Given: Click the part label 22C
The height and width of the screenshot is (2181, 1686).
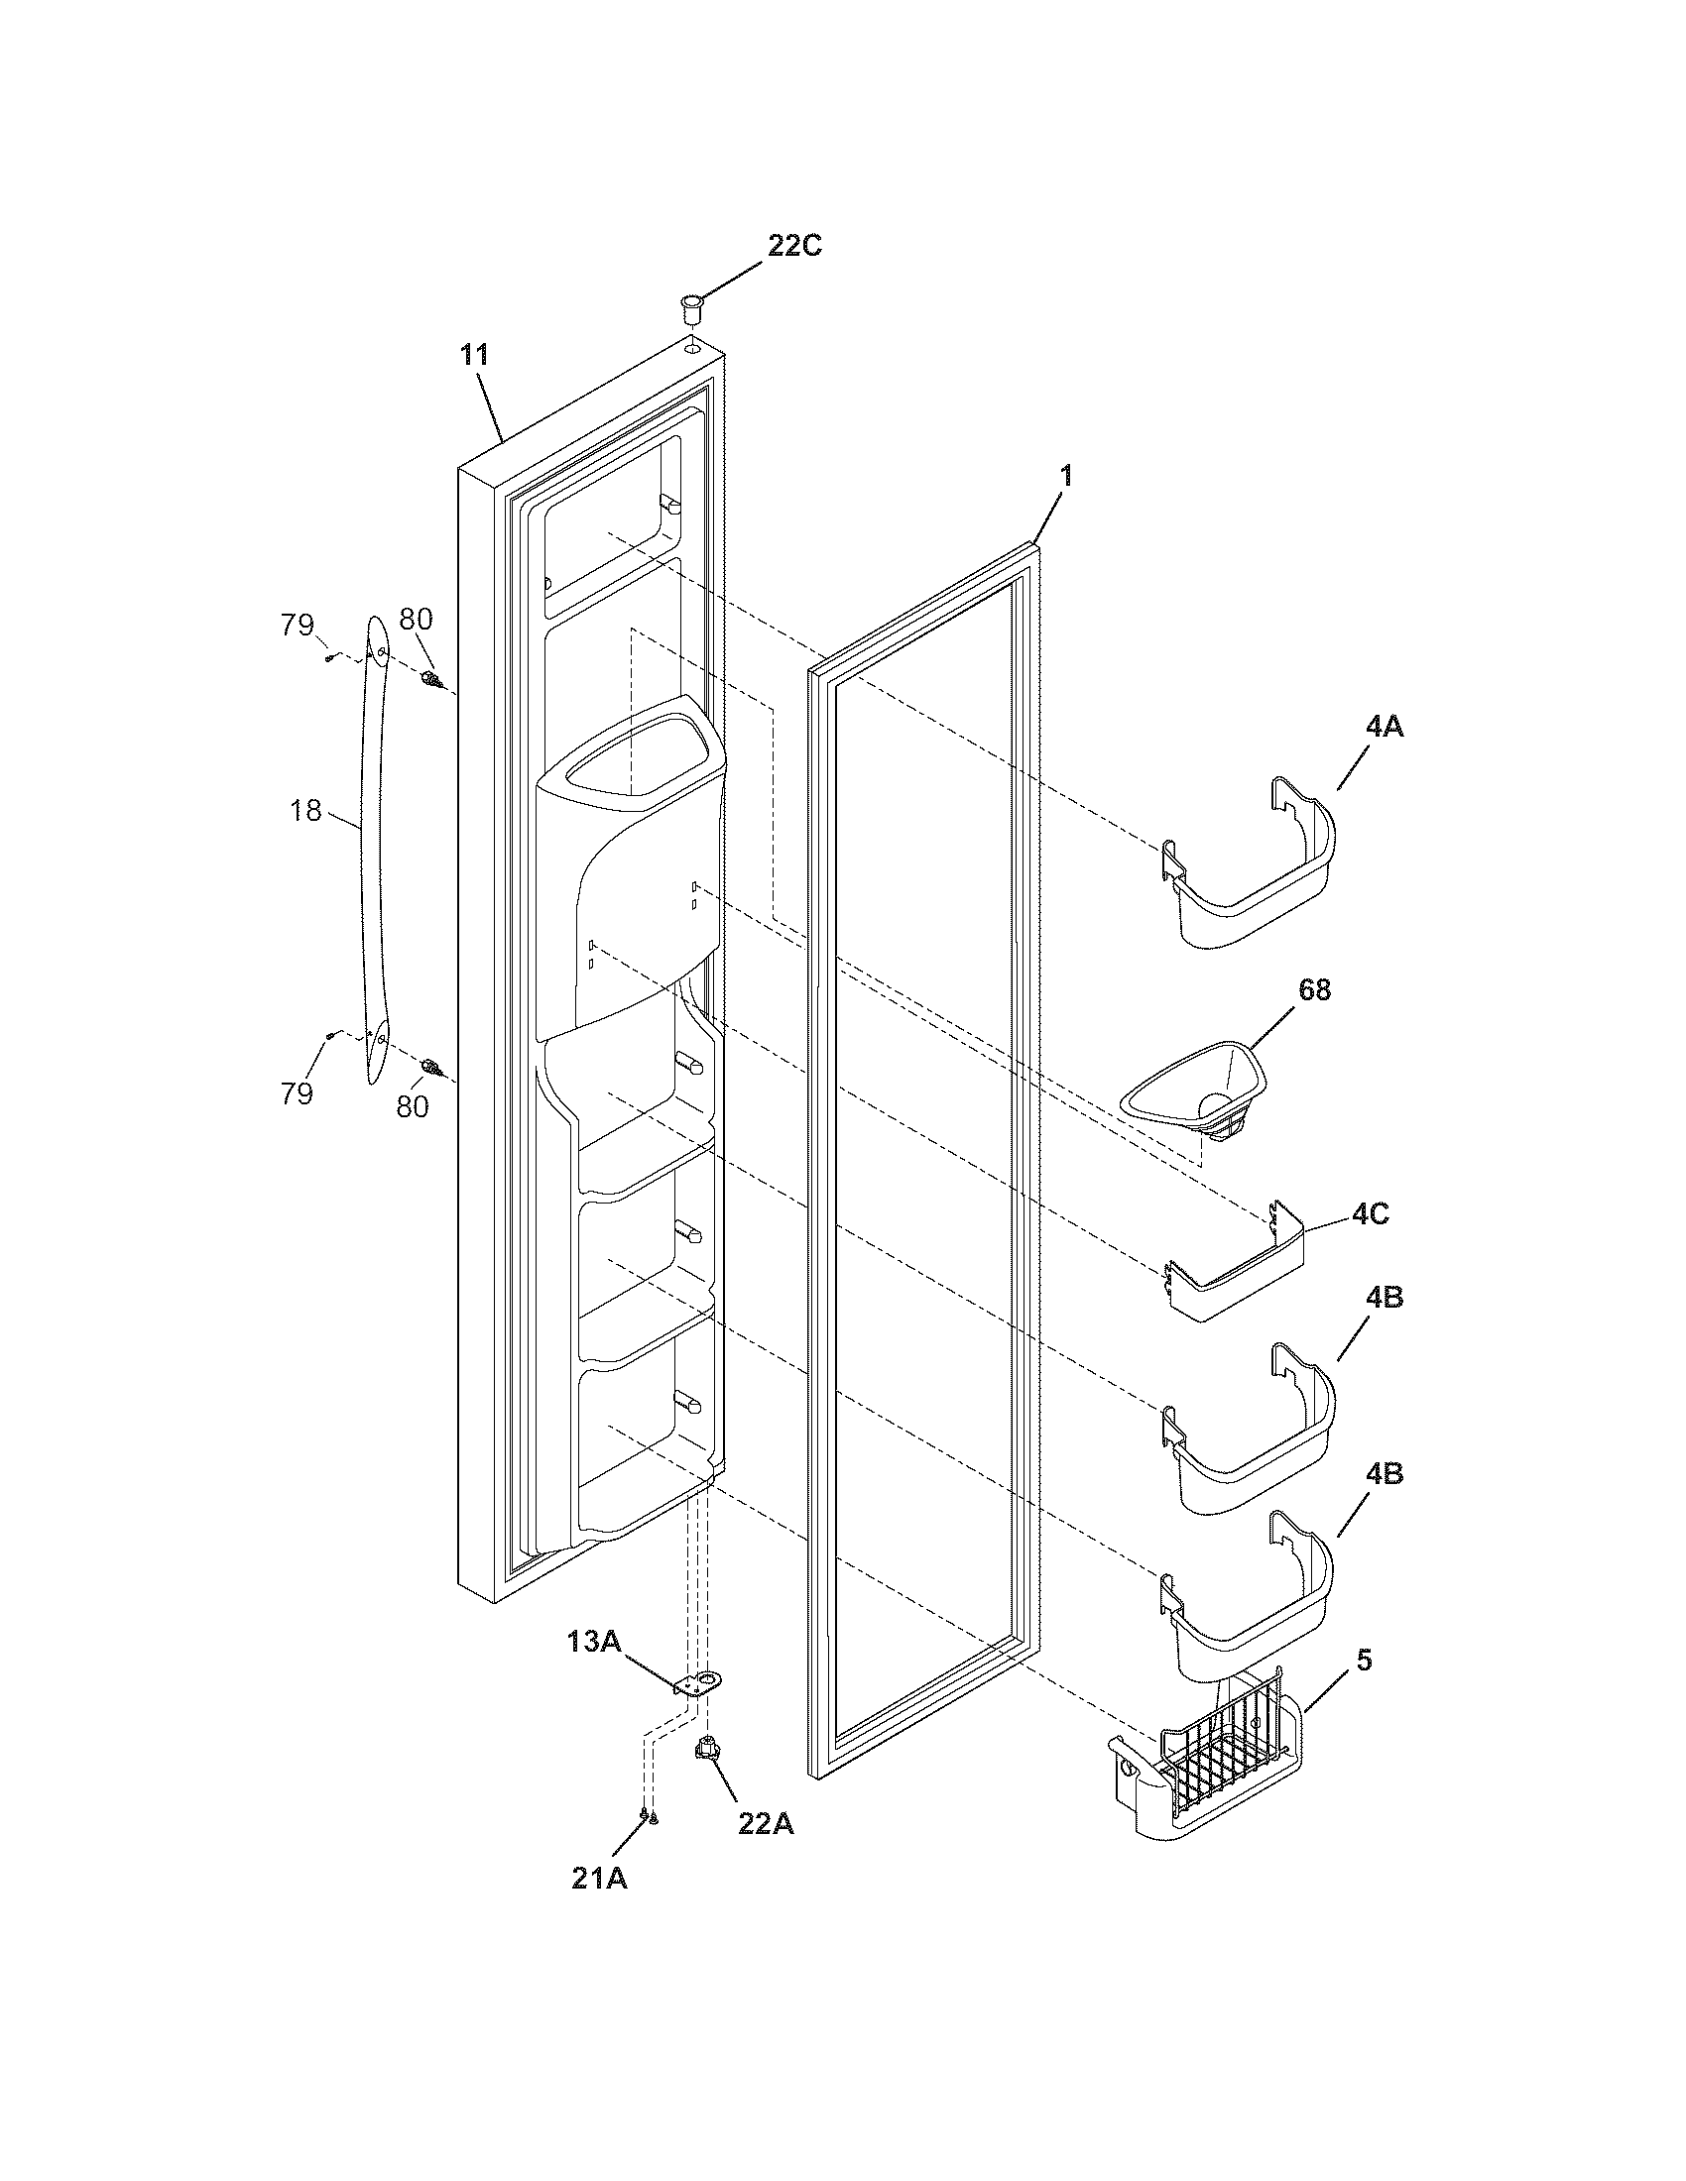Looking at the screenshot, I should pyautogui.click(x=794, y=246).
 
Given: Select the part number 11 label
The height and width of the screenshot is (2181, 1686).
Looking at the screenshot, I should pyautogui.click(x=474, y=355).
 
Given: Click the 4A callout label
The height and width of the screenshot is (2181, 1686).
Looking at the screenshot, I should pyautogui.click(x=1384, y=727).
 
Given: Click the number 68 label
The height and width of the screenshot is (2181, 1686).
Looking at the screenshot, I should pyautogui.click(x=1313, y=989).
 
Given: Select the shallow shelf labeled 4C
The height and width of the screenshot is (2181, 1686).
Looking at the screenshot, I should pyautogui.click(x=1239, y=1278).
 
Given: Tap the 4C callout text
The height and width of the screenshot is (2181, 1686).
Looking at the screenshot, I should pyautogui.click(x=1371, y=1215).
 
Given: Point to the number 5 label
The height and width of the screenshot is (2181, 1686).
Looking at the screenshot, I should pyautogui.click(x=1365, y=1661).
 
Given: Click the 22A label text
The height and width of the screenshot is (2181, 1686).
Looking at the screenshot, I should pyautogui.click(x=766, y=1824).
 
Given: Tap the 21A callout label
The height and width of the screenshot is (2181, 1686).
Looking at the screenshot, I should pyautogui.click(x=599, y=1879).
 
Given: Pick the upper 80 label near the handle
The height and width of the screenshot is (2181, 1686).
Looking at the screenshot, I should pyautogui.click(x=416, y=620).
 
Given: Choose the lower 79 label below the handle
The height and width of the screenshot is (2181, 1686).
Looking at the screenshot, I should pyautogui.click(x=297, y=1093).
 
